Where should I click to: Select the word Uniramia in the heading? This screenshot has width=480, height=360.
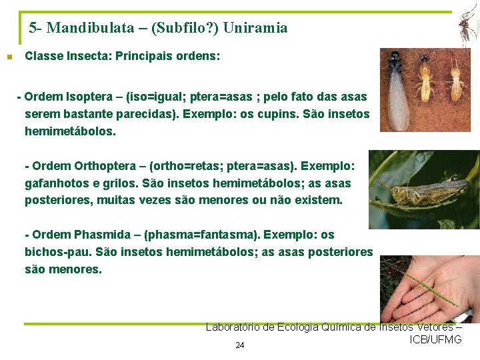point(255,28)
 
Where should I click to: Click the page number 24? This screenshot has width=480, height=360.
point(240,345)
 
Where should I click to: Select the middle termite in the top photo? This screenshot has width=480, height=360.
point(425,80)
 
